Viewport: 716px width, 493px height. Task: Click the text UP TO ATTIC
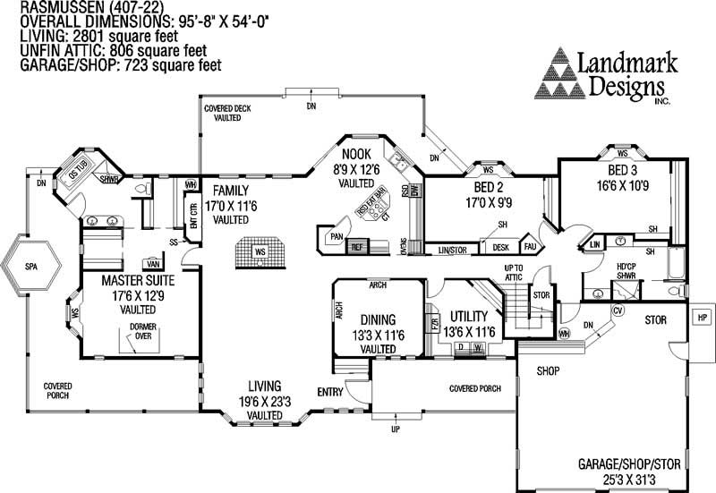pos(514,273)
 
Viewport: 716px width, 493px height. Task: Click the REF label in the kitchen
pos(355,245)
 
